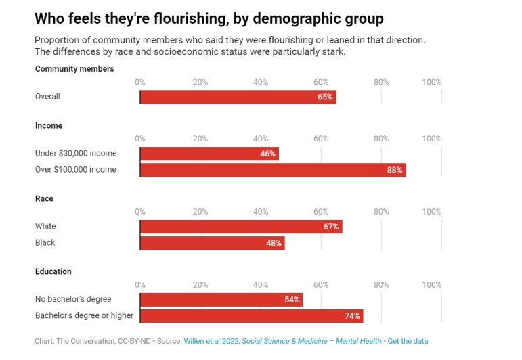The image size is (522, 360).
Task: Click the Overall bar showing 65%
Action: [238, 97]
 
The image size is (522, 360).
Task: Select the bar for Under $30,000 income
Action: [209, 154]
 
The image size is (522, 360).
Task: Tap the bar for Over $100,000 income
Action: [272, 170]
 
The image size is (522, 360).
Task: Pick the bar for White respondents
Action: [241, 227]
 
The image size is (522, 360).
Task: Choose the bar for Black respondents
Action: [212, 243]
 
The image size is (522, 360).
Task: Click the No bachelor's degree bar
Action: [221, 300]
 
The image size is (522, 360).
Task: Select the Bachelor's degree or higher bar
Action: [251, 316]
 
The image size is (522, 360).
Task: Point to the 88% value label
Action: [395, 170]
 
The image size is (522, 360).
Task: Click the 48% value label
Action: [274, 243]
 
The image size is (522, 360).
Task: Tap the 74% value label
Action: [352, 316]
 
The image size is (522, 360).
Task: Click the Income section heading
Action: [49, 126]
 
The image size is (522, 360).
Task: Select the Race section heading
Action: [44, 199]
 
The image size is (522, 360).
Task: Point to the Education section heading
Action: [54, 272]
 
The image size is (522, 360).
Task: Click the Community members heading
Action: [74, 69]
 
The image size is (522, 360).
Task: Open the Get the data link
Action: [408, 342]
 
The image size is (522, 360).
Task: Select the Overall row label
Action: [47, 97]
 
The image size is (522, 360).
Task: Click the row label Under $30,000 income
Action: [76, 154]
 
